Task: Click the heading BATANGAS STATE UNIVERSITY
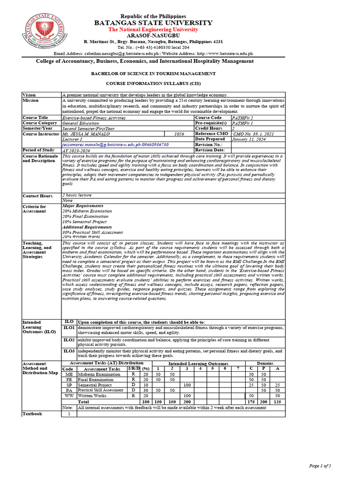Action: point(153,23)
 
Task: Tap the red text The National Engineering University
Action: point(153,30)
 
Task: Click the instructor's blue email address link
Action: point(115,145)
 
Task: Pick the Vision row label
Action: point(29,95)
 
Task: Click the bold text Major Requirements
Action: point(83,206)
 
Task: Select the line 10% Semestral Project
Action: point(84,222)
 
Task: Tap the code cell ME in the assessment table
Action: point(69,375)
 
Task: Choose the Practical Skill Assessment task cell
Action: point(101,390)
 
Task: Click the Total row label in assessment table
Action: point(83,402)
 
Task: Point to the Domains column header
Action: point(265,363)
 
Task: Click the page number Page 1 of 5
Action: point(320,465)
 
